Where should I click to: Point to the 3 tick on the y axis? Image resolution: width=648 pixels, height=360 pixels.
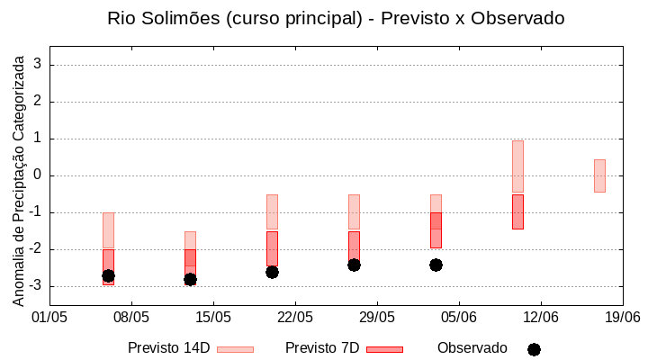[38, 65]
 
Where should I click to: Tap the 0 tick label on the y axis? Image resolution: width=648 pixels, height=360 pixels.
[38, 175]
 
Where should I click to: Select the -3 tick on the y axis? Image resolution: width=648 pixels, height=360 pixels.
[35, 286]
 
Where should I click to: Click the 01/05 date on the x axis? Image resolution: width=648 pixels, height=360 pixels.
[49, 317]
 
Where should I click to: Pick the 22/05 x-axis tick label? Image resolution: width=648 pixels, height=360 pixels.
[295, 317]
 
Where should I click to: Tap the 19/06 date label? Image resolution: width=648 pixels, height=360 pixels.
[622, 317]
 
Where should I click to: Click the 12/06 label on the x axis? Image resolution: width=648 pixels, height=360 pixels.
[540, 317]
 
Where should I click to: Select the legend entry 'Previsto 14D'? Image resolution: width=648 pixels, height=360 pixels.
[169, 348]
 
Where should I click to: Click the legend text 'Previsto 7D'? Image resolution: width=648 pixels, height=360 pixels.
[322, 348]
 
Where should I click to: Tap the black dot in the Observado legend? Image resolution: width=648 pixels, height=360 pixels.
[534, 349]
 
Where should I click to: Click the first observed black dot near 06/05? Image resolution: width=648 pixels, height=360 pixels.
[108, 275]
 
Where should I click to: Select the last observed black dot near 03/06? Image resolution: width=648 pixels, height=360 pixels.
[436, 265]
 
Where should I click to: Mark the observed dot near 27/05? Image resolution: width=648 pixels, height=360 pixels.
[354, 265]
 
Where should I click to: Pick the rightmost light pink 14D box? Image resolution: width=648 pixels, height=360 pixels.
[599, 175]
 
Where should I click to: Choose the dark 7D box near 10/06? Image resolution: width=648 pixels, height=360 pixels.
[517, 211]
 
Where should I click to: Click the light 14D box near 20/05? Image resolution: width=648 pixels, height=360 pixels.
[272, 211]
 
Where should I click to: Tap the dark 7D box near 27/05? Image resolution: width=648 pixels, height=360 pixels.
[354, 247]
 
